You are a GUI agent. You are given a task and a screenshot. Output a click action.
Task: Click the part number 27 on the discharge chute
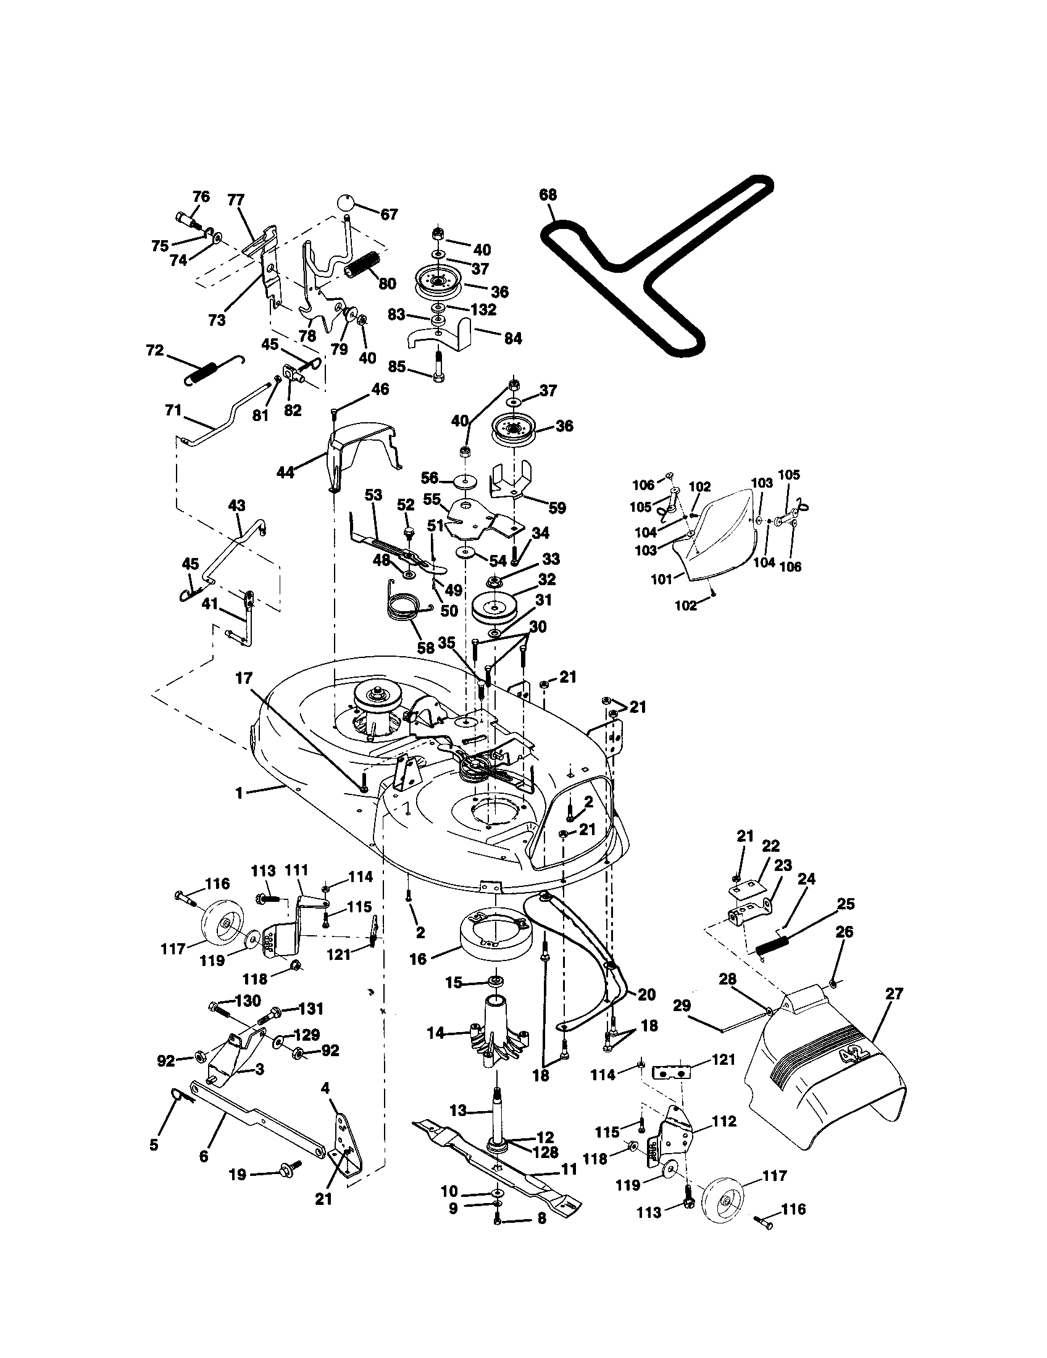(x=894, y=994)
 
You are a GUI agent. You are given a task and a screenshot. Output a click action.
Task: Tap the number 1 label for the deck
(x=239, y=794)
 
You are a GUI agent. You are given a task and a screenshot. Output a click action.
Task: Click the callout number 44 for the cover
(x=285, y=473)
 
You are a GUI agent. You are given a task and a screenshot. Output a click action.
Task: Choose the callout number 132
(x=484, y=309)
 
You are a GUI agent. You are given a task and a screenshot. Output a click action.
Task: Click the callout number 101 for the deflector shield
(x=662, y=579)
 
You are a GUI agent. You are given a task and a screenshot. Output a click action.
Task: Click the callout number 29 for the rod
(x=682, y=1006)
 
